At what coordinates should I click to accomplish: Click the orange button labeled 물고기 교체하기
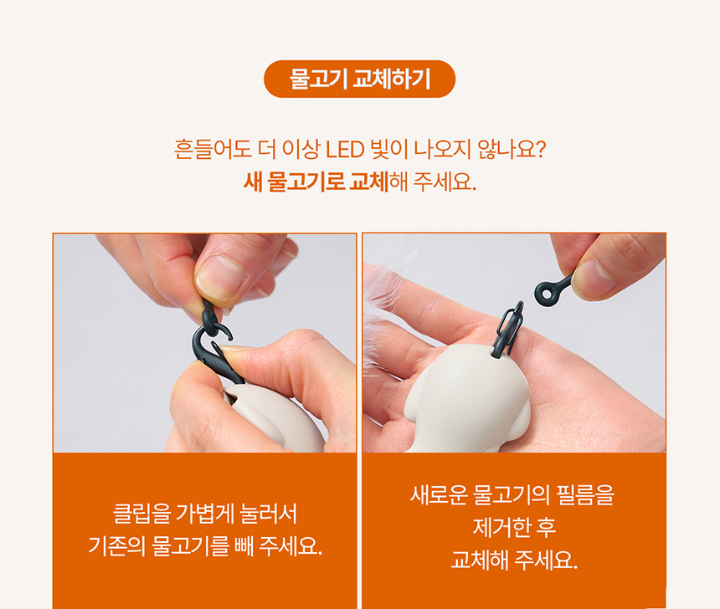359,79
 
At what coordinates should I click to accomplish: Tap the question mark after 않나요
540,151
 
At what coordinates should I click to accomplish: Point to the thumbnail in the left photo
219,277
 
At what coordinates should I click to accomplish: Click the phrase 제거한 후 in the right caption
514,528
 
